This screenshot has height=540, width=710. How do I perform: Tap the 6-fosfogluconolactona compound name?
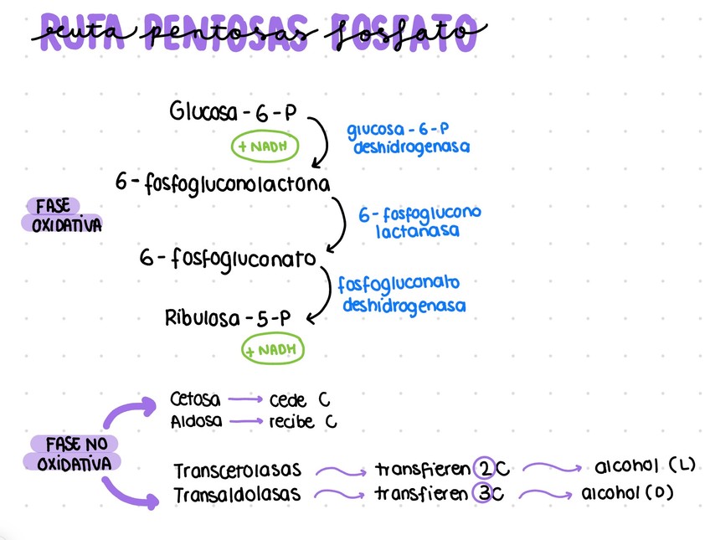224,182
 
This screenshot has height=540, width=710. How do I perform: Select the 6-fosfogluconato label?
229,259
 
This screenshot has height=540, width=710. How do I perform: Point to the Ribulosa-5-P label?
228,318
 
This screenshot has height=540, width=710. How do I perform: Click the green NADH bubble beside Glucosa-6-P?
265,146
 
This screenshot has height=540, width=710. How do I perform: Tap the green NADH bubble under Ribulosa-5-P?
274,349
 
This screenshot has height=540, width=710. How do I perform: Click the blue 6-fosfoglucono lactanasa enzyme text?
419,222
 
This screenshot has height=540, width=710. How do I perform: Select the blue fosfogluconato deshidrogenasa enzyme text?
403,295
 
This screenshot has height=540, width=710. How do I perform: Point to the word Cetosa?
196,399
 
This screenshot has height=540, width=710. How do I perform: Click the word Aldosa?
196,421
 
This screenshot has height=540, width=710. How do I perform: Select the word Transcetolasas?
238,471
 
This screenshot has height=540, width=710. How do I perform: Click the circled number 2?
485,468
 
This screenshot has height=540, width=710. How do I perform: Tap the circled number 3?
486,493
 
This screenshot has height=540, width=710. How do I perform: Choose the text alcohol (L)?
644,465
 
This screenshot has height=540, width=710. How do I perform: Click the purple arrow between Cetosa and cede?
246,399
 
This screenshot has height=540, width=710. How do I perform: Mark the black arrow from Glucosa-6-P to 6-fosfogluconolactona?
322,142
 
